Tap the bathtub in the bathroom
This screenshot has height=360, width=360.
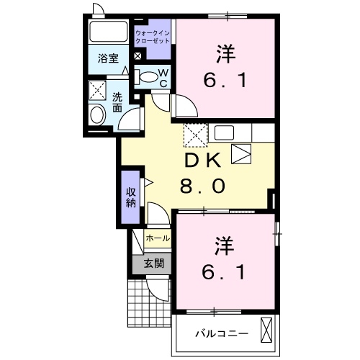point(109,33)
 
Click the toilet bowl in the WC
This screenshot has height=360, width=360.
point(148,76)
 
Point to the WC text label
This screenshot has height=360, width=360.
point(163,76)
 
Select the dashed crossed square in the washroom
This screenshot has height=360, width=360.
point(96,90)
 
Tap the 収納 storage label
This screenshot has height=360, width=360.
point(130,196)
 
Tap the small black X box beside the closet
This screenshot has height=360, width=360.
point(138,56)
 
